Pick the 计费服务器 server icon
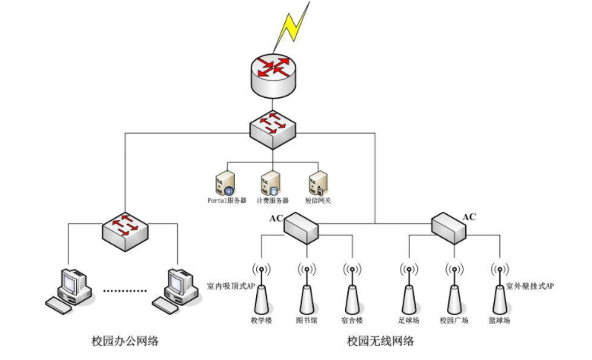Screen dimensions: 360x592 [x=270, y=183]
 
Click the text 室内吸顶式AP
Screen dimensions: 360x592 [x=231, y=287]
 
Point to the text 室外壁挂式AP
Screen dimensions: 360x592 [x=530, y=287]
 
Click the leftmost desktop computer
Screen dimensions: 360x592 [x=70, y=289]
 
